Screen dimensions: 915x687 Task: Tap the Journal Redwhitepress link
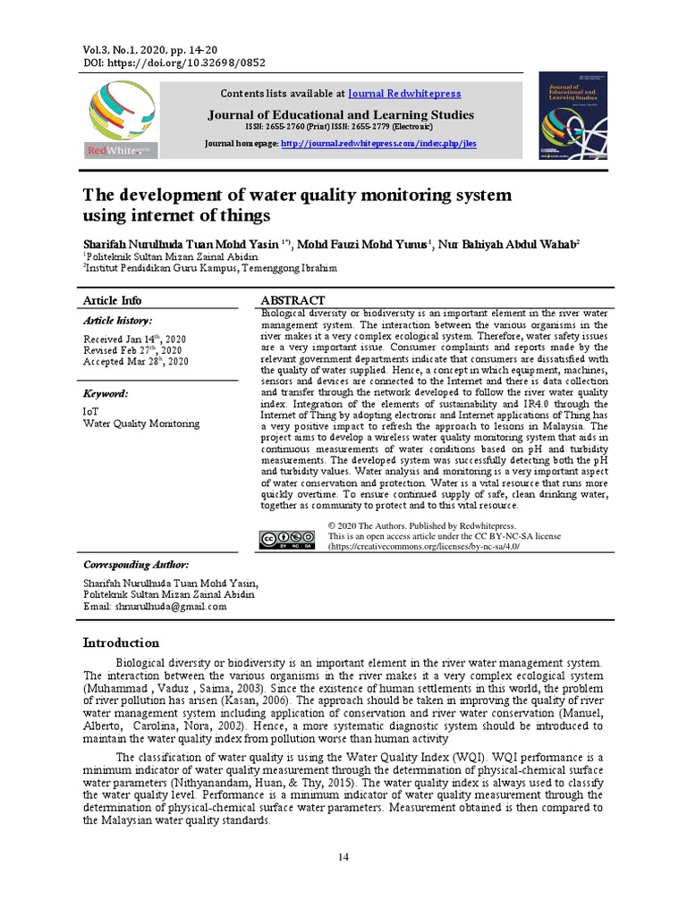pos(404,93)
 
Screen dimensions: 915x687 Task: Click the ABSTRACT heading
pos(292,300)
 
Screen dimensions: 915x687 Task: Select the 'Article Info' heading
pos(112,300)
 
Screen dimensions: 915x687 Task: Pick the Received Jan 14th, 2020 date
pos(134,340)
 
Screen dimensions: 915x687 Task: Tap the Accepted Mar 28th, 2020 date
pos(136,362)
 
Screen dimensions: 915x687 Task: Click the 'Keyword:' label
pos(106,393)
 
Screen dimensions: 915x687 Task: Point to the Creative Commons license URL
pos(424,546)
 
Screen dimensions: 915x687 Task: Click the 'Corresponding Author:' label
pos(136,566)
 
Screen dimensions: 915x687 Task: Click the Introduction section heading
pos(121,642)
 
